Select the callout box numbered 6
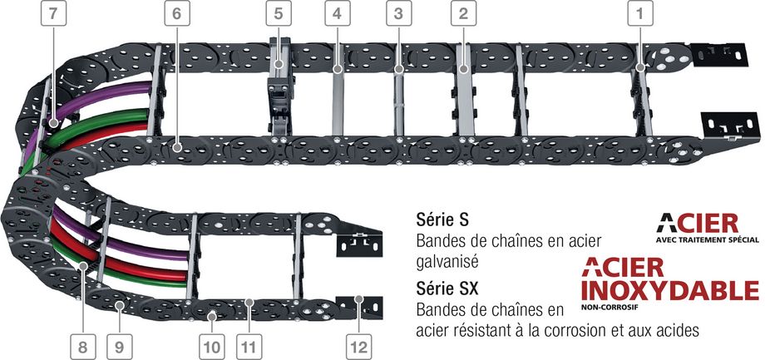pyautogui.click(x=176, y=13)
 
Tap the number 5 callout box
pyautogui.click(x=279, y=13)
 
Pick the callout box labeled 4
pyautogui.click(x=337, y=13)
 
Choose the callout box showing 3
pyautogui.click(x=398, y=13)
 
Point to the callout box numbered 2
pyautogui.click(x=463, y=13)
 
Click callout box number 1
pyautogui.click(x=640, y=13)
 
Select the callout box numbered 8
pyautogui.click(x=82, y=347)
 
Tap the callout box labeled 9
pyautogui.click(x=120, y=347)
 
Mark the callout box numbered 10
pyautogui.click(x=212, y=347)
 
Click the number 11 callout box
pyautogui.click(x=249, y=347)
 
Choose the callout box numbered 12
pyautogui.click(x=359, y=347)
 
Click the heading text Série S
pyautogui.click(x=442, y=220)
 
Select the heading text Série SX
pyautogui.click(x=447, y=288)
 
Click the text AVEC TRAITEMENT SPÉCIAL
pyautogui.click(x=708, y=239)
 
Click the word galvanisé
pyautogui.click(x=447, y=262)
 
